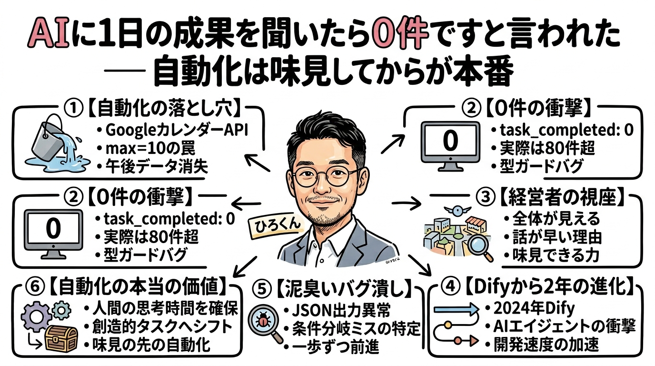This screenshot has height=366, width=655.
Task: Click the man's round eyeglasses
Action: coord(326,177)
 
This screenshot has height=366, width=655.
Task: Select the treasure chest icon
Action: coord(60,339)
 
